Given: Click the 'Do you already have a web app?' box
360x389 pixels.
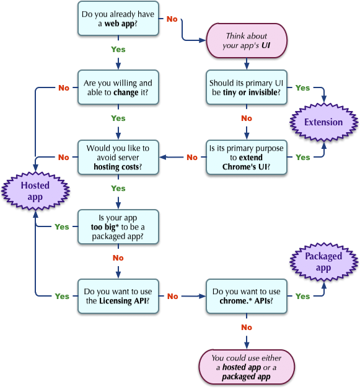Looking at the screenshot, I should pyautogui.click(x=118, y=18).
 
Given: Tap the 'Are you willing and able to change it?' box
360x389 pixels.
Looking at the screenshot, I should pyautogui.click(x=118, y=87).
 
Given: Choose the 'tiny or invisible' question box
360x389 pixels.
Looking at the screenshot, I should pyautogui.click(x=247, y=87).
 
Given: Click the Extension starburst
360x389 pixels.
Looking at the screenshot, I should pyautogui.click(x=323, y=122).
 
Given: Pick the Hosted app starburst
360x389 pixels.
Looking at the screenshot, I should pyautogui.click(x=35, y=191).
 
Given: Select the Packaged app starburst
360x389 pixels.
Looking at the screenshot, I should pyautogui.click(x=323, y=262).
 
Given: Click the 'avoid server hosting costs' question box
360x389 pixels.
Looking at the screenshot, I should pyautogui.click(x=118, y=157).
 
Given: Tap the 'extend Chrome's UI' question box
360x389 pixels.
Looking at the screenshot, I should pyautogui.click(x=247, y=157).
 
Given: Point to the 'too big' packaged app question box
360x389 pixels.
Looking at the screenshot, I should pyautogui.click(x=118, y=226).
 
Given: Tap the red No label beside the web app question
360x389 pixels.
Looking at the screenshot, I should pyautogui.click(x=172, y=19).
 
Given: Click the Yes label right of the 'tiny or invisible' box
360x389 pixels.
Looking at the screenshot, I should pyautogui.click(x=302, y=88).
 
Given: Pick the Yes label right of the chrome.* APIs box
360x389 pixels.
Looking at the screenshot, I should pyautogui.click(x=302, y=297).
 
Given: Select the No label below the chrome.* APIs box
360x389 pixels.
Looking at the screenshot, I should pyautogui.click(x=247, y=327).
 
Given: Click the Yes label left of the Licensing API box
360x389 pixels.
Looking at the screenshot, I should pyautogui.click(x=62, y=297).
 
